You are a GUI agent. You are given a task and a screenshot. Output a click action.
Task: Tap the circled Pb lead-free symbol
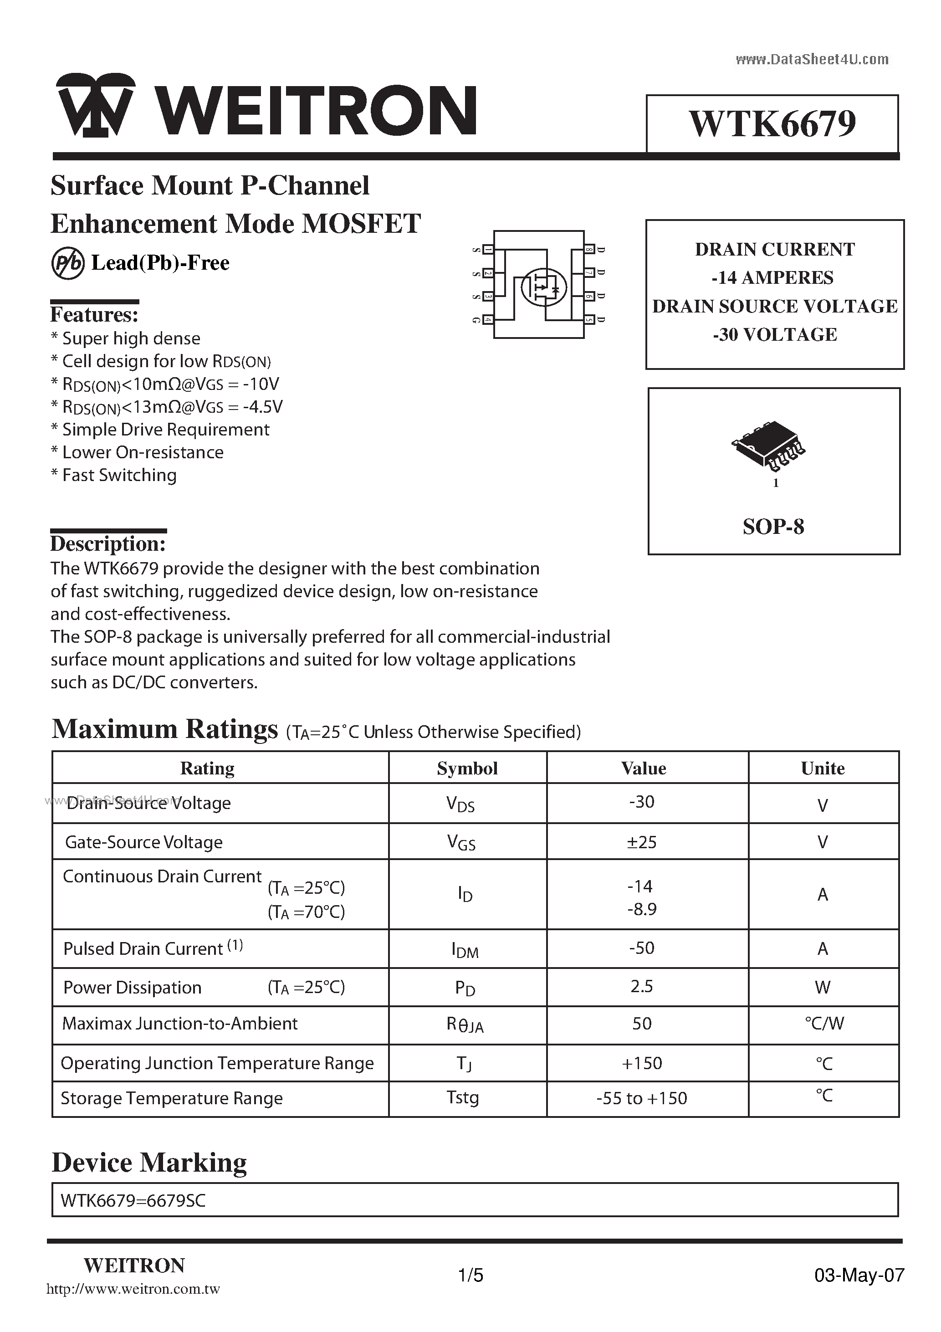(x=67, y=264)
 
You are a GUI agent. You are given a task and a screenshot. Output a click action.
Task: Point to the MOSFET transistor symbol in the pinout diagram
(x=543, y=286)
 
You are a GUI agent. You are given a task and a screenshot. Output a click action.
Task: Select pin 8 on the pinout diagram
(x=589, y=250)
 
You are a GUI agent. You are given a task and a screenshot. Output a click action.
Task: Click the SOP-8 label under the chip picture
(x=773, y=527)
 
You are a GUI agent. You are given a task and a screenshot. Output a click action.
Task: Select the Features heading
(x=94, y=315)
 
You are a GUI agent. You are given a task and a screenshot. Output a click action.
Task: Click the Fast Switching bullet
(x=114, y=475)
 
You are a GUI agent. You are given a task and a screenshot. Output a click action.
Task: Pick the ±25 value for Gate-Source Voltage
(x=642, y=842)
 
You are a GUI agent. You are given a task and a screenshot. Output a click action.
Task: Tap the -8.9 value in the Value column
(x=642, y=909)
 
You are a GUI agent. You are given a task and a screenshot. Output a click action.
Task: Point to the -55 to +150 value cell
(x=642, y=1098)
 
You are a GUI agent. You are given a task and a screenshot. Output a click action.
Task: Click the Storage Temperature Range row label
(x=172, y=1098)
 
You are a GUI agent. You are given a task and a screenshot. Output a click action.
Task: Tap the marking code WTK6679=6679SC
(x=133, y=1200)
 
